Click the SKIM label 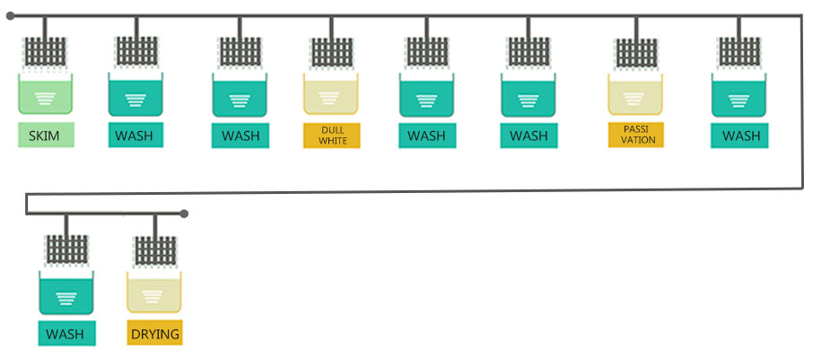point(45,136)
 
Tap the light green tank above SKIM point(45,94)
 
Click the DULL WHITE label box point(332,136)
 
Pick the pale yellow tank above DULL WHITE point(331,94)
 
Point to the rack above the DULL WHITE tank point(332,53)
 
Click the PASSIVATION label point(635,136)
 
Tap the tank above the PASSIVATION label point(635,94)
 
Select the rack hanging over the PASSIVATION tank point(636,53)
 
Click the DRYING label point(155,334)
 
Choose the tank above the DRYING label point(154,294)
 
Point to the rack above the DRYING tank point(155,251)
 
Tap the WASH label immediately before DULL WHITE point(240,136)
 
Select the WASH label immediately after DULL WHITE point(426,136)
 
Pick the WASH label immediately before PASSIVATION point(529,136)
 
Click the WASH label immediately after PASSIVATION point(740,136)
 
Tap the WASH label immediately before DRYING point(65,334)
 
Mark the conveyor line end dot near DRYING point(184,214)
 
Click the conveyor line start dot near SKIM point(10,15)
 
